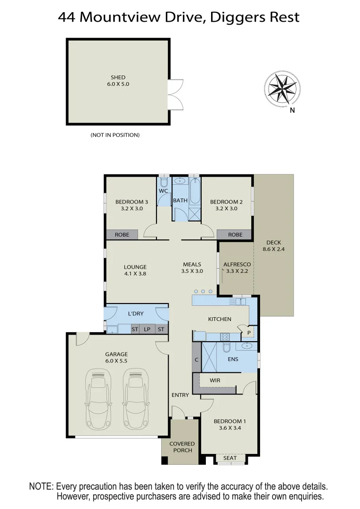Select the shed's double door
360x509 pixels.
coord(175,94)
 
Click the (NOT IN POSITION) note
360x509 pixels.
coord(115,135)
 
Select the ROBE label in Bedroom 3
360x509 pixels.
coord(122,235)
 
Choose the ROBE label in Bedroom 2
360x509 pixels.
coord(235,235)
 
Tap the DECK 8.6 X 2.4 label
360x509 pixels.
coord(273,246)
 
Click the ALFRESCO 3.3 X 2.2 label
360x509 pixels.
coord(237,268)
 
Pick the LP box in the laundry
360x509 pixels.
coord(147,329)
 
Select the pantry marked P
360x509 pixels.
coord(248,332)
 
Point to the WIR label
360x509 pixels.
coord(215,380)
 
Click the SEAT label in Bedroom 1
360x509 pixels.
coord(230,458)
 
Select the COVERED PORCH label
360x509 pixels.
coord(182,447)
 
